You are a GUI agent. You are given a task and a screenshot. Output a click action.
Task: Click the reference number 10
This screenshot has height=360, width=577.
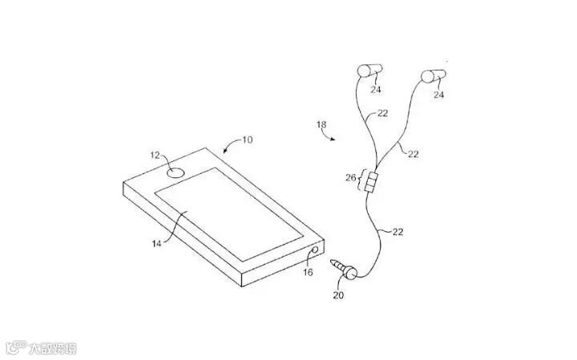247,140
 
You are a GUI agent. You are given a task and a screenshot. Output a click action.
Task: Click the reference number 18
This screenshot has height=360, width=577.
322,124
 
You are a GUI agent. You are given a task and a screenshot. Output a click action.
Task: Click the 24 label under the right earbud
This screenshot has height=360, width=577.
438,95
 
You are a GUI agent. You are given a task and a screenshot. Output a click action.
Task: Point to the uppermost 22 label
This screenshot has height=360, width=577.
382,114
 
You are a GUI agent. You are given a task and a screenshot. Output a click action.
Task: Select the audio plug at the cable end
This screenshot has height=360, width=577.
348,272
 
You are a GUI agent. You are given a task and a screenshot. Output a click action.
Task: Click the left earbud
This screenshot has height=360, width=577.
365,69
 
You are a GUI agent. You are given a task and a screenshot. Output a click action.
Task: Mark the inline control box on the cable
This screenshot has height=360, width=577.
370,185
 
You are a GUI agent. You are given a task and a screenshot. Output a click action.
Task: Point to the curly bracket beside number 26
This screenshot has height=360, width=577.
361,178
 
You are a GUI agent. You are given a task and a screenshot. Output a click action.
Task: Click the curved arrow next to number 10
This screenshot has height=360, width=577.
229,145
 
